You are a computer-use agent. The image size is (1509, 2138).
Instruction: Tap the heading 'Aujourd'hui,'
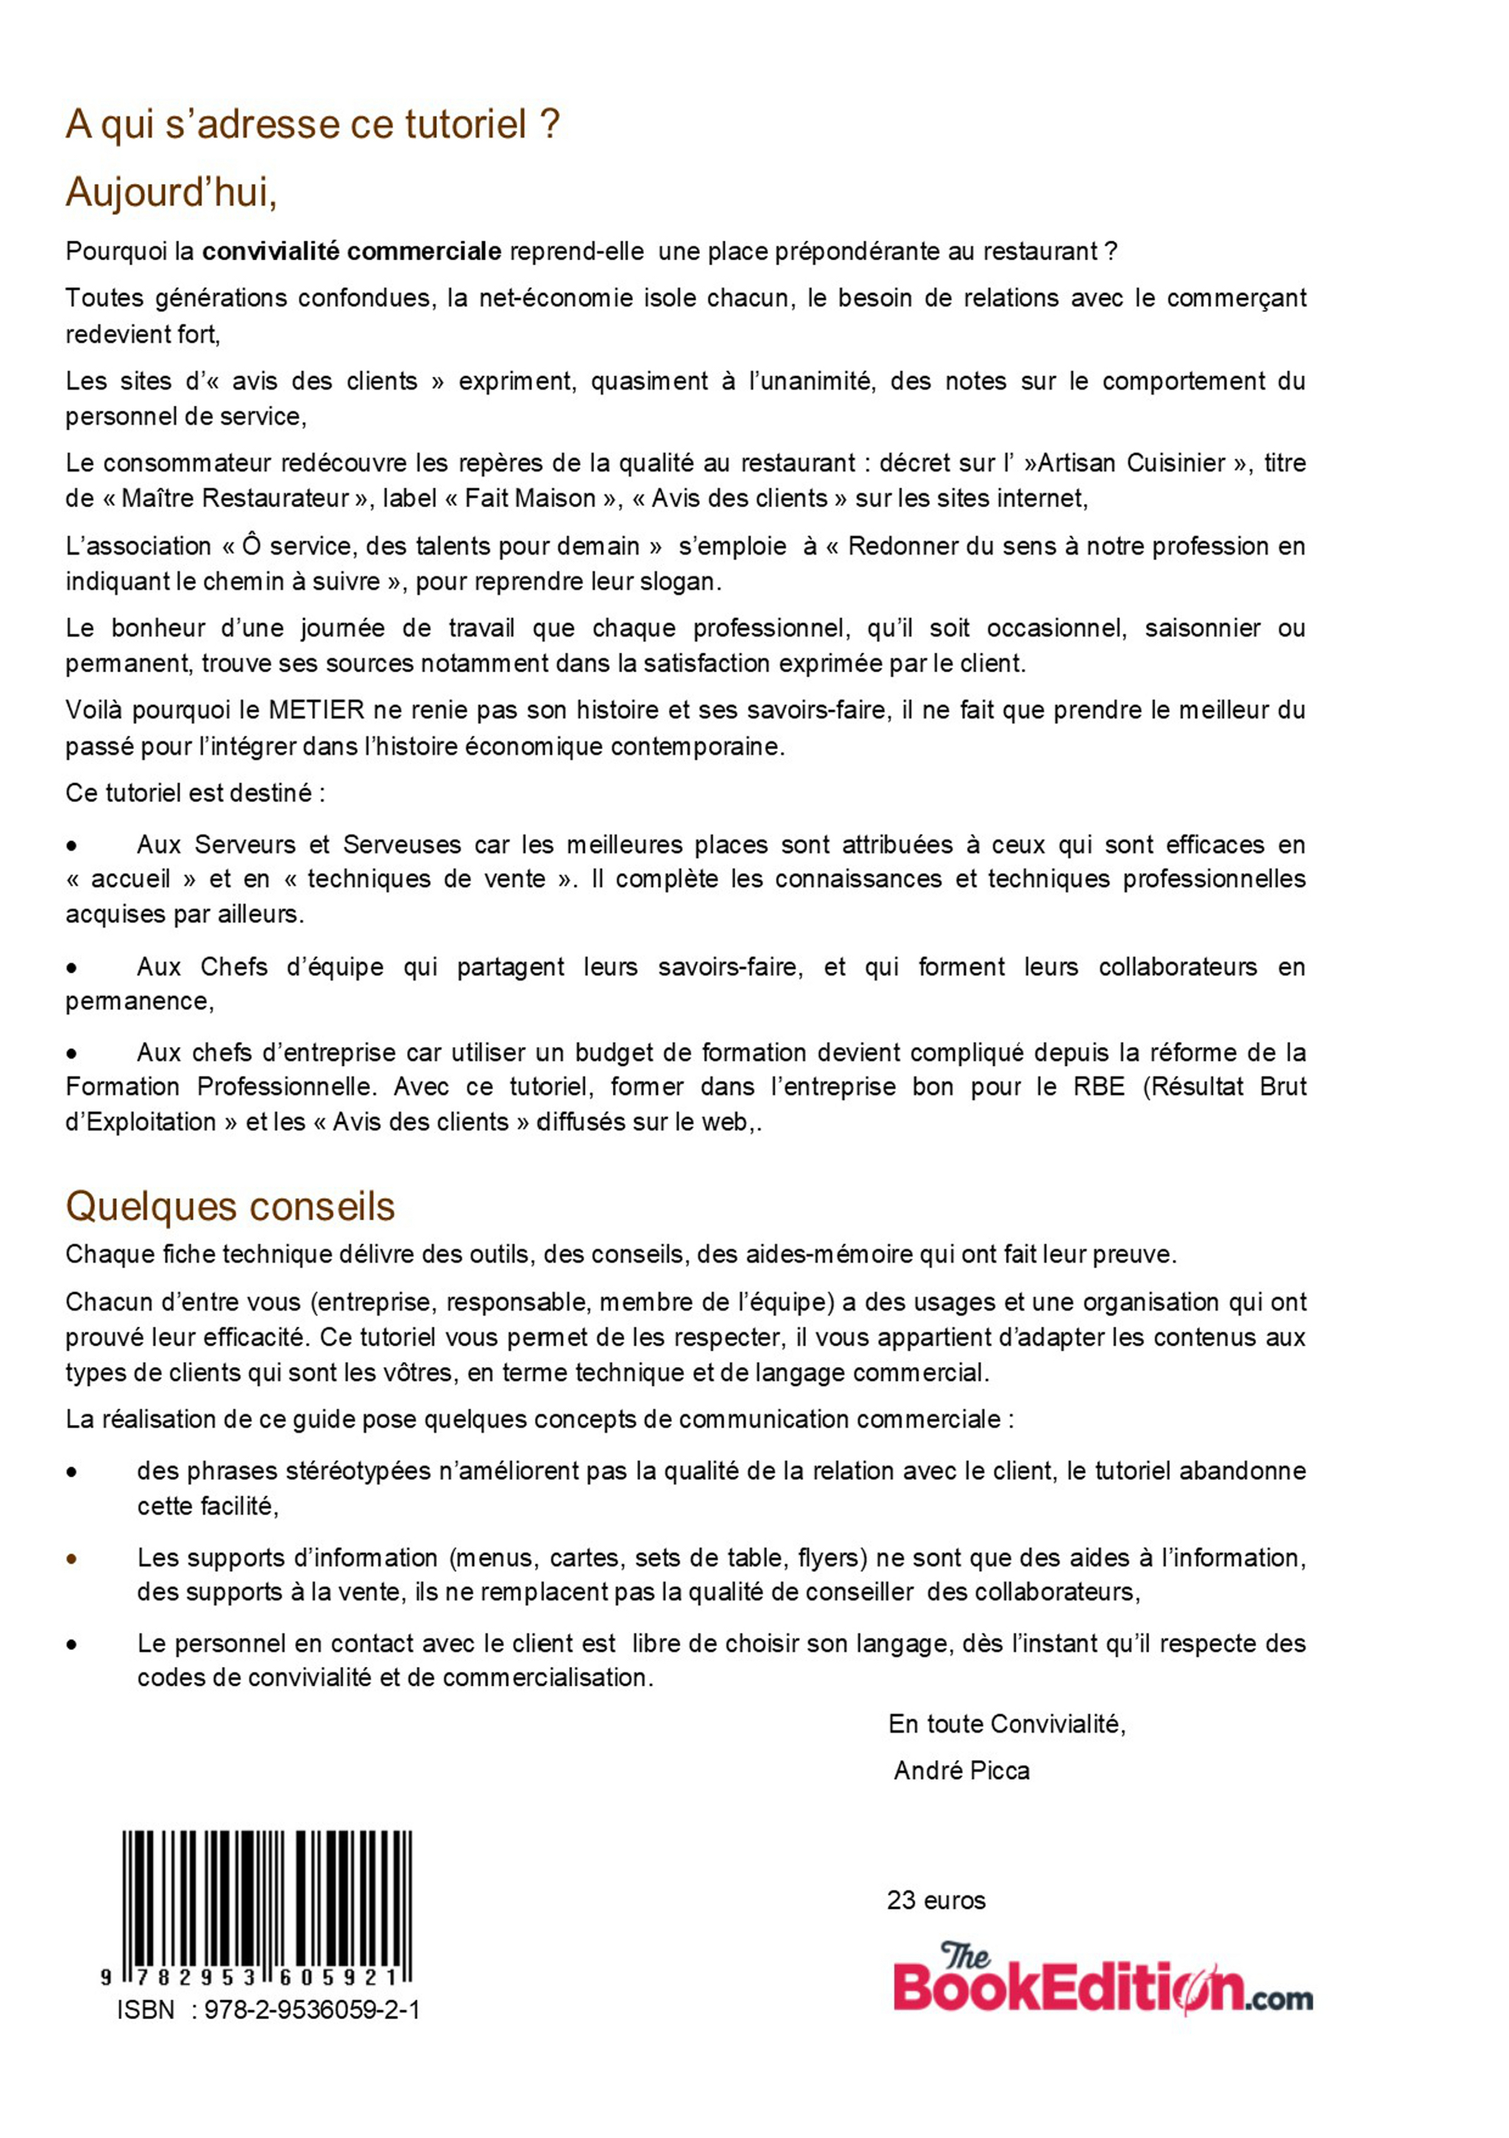tap(171, 193)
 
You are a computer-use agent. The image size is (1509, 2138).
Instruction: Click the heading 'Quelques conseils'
tap(230, 1207)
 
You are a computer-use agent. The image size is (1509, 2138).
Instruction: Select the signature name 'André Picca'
tap(961, 1770)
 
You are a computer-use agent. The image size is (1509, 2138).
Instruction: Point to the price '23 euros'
tap(936, 1900)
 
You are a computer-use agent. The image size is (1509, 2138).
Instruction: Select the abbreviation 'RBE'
tap(1098, 1086)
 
